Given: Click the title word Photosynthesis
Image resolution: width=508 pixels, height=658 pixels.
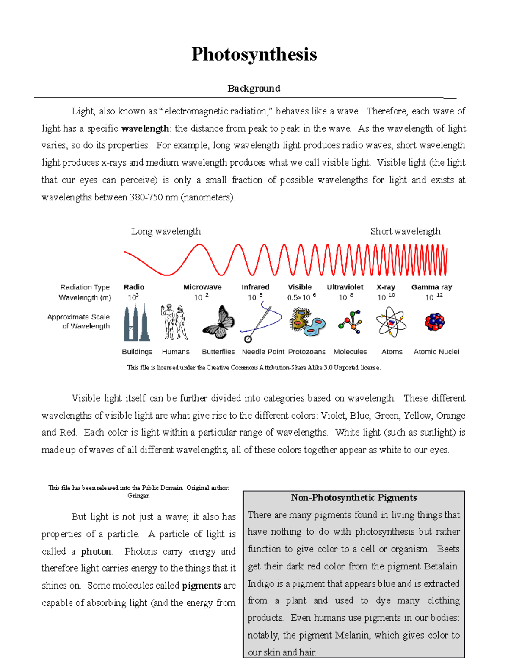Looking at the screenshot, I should [254, 54].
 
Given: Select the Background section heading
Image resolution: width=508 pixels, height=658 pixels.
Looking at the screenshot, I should [254, 88].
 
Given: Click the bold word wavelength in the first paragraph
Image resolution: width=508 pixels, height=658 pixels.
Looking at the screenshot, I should [145, 128].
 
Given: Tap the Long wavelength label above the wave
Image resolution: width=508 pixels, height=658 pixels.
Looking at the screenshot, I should [166, 231].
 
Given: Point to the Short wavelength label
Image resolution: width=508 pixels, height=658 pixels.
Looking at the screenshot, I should [405, 231].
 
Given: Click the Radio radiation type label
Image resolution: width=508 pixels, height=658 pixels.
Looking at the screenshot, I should [134, 287].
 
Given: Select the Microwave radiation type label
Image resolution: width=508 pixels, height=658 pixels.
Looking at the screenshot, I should [202, 287].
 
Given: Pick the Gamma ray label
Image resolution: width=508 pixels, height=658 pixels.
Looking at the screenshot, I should [431, 287].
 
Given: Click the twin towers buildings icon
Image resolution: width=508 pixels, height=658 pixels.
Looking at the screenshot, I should [136, 323].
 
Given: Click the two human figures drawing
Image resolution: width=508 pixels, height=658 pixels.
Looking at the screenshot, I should [174, 322].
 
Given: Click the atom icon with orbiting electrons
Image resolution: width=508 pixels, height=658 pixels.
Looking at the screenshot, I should [391, 322].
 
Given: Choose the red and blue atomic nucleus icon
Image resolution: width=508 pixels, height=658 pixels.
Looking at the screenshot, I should [435, 322].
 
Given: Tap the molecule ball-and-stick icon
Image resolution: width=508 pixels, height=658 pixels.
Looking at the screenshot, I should [350, 322].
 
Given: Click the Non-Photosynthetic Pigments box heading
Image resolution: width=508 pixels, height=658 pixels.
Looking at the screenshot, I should [353, 497].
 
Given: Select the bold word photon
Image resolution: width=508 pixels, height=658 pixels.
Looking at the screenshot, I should [96, 551].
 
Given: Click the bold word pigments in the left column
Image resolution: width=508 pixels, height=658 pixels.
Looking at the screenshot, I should [201, 586].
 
